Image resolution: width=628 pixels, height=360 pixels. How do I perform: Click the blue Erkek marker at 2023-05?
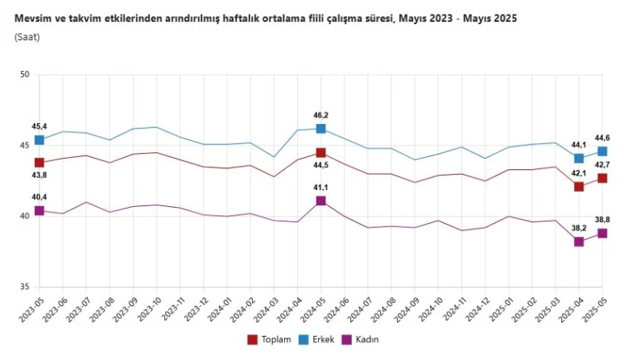coord(39,140)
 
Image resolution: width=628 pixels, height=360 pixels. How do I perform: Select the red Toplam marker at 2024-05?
coord(320,153)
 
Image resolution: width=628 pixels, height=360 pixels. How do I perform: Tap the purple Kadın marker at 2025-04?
coord(578,242)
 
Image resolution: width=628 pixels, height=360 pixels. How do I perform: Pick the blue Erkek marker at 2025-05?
coord(601,151)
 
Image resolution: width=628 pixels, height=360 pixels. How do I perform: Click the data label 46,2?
coord(320,115)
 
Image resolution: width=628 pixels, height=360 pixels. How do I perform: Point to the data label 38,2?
coord(578,228)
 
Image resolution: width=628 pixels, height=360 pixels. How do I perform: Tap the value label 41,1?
coord(320,188)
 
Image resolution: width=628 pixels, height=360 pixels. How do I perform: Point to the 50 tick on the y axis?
coord(24,74)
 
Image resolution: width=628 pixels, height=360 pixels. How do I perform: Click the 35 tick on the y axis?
coord(24,287)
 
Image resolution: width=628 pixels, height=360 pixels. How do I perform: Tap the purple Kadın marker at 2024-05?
coord(320,201)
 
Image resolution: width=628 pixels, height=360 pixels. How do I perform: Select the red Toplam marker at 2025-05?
coord(601,178)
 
